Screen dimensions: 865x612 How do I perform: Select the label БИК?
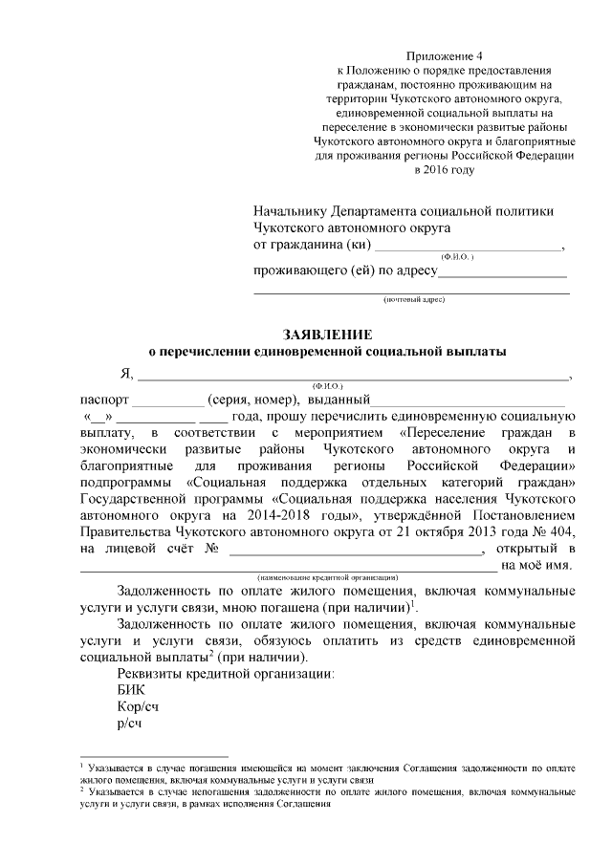[x=129, y=687]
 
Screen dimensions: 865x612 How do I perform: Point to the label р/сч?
[x=129, y=724]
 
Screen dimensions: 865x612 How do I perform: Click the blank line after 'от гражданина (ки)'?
[x=468, y=247]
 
